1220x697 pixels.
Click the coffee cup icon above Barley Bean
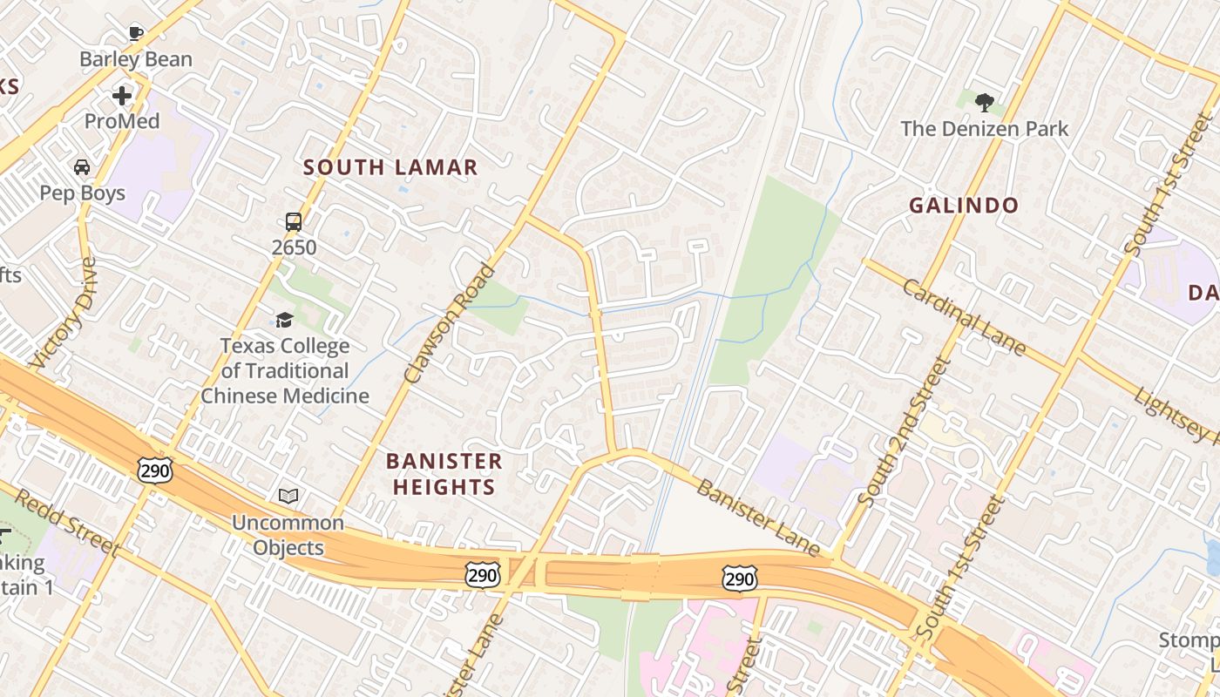tap(135, 34)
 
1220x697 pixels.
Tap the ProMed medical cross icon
tap(122, 95)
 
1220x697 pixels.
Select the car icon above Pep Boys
tap(82, 166)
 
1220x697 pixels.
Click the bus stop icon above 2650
tap(294, 221)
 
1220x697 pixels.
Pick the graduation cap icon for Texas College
tap(284, 320)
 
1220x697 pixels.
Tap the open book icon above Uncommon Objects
tap(288, 496)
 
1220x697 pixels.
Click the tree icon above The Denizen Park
tap(985, 103)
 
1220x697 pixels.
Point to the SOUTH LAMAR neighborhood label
tap(390, 167)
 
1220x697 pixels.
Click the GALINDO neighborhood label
tap(964, 206)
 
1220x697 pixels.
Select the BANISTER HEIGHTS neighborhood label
tap(444, 474)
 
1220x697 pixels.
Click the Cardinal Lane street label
tap(964, 316)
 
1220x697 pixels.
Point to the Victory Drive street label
tap(64, 312)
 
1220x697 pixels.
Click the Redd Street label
tap(66, 522)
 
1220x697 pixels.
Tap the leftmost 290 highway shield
tap(155, 470)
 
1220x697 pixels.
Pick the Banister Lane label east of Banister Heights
tap(758, 518)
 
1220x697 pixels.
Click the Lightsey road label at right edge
tap(1176, 414)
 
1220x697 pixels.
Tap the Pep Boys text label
tap(83, 193)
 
